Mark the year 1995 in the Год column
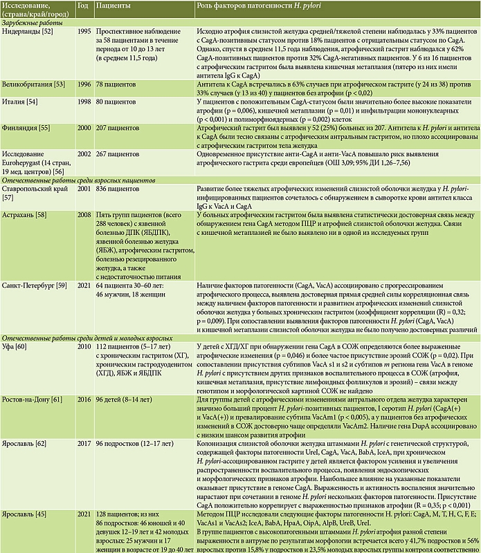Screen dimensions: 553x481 tap(84, 32)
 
